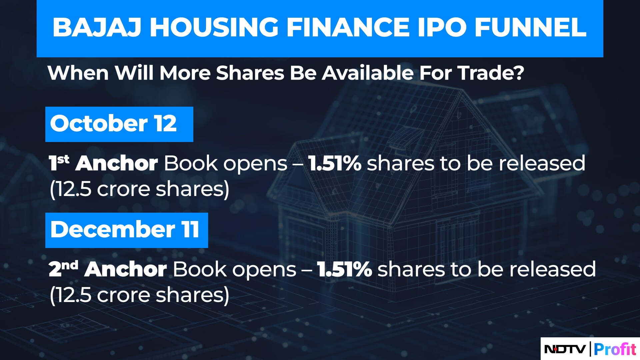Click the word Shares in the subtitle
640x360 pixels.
(250, 73)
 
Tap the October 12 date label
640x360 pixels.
(113, 124)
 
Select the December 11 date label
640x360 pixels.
(125, 230)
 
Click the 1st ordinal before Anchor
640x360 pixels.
(59, 162)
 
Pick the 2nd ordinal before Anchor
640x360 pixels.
(63, 268)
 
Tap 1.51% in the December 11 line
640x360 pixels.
(344, 269)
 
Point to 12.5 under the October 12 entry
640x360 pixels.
(73, 189)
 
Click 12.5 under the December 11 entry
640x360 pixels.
(73, 295)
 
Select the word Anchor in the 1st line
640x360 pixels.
(117, 163)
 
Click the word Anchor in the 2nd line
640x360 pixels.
(125, 269)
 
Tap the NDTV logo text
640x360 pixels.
(565, 349)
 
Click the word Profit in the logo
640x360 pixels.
(615, 349)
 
